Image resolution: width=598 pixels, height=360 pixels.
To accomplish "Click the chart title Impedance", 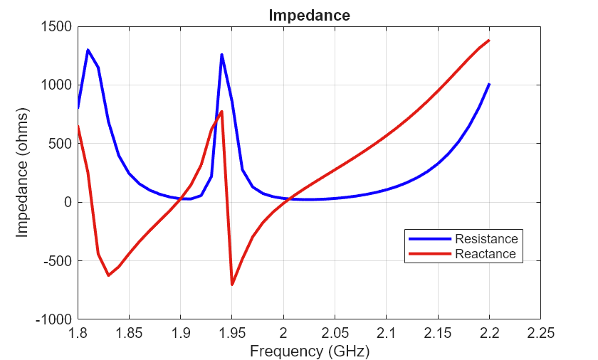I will coord(309,15).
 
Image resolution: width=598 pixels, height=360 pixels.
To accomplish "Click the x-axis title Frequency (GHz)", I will coord(309,351).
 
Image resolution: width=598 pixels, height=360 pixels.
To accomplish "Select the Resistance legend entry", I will coord(486,238).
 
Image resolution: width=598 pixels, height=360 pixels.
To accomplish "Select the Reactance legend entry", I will coord(485,254).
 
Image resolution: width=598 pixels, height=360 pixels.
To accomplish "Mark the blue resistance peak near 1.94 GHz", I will coord(221,55).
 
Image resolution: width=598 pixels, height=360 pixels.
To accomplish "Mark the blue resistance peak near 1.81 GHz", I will coord(88,50).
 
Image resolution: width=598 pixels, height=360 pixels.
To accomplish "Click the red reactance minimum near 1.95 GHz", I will coord(232,285).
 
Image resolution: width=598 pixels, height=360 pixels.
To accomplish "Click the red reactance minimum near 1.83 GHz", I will coord(108,275).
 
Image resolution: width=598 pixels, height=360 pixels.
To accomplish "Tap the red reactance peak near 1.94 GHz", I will coord(222,112).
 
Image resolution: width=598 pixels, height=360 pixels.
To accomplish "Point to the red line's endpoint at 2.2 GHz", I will coord(489,41).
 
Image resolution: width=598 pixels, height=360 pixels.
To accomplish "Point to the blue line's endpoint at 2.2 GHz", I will coord(489,84).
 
